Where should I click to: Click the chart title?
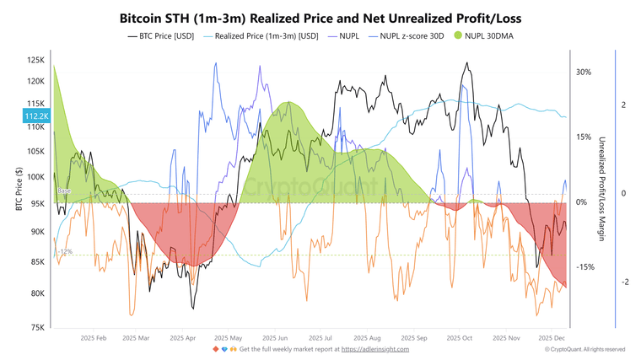tap(321, 16)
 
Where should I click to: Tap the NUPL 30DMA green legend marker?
tap(459, 36)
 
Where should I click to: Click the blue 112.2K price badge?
tap(36, 116)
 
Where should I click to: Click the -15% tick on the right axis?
tap(584, 267)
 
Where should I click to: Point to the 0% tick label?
tap(582, 202)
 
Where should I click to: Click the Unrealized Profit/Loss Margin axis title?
tap(602, 189)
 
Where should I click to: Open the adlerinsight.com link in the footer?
tap(375, 349)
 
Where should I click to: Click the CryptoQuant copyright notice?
tap(584, 349)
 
